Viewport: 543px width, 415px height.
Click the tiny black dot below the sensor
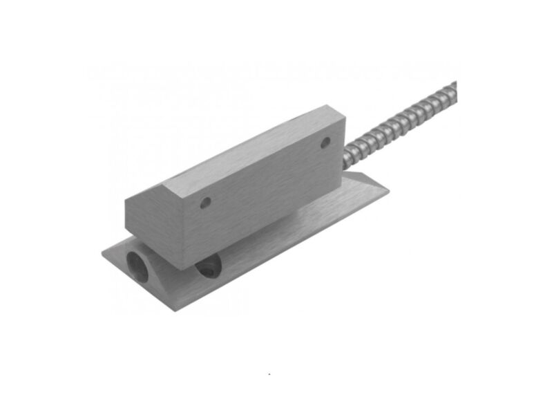pyautogui.click(x=269, y=373)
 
